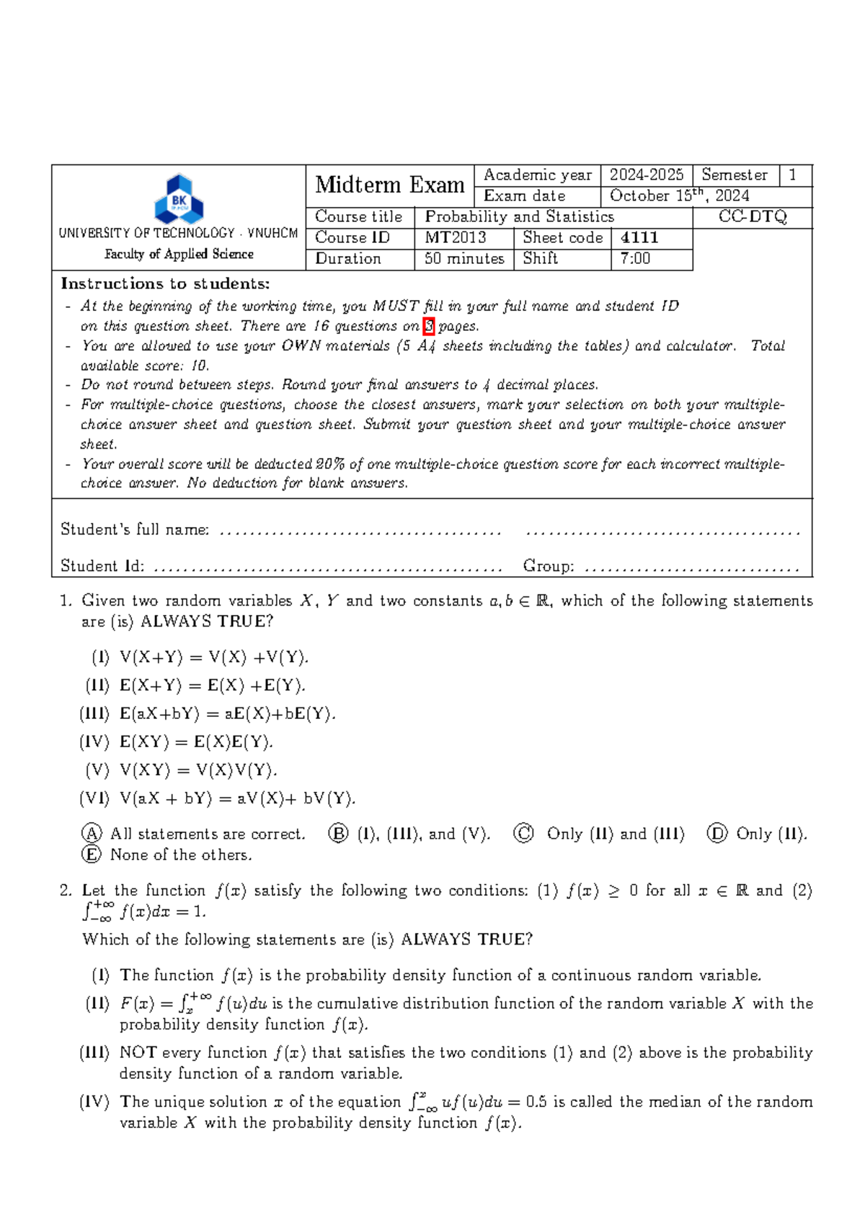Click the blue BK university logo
[179, 199]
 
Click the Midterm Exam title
[389, 185]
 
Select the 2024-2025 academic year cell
[646, 175]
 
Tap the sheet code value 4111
[639, 238]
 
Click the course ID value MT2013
[456, 238]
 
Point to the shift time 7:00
[635, 259]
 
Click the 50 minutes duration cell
[463, 259]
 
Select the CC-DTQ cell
[752, 217]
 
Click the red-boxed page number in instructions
[429, 326]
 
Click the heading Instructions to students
[165, 284]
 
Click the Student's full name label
[135, 530]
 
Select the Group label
[549, 566]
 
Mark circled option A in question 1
[92, 834]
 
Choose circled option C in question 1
[523, 834]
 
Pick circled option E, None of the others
[92, 855]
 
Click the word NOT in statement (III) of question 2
[138, 1053]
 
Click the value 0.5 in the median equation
[536, 1103]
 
